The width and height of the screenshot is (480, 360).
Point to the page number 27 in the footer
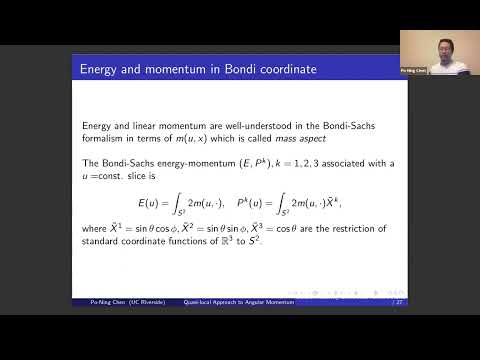click(400, 300)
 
